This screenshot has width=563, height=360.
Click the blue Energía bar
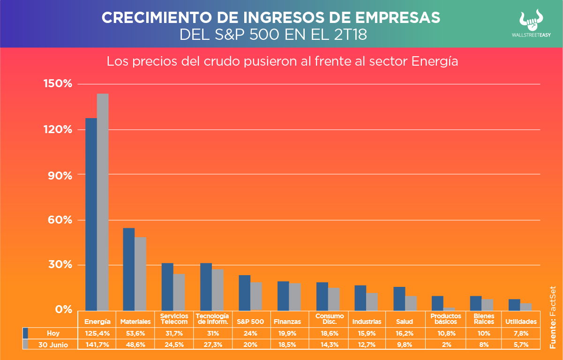[x=91, y=214]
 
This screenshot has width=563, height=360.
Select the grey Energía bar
[x=103, y=202]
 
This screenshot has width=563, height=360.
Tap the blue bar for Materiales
[x=128, y=269]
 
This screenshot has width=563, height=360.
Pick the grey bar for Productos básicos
[x=449, y=308]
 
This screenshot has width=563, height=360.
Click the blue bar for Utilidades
[x=514, y=305]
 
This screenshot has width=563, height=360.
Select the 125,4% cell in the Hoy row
[x=98, y=333]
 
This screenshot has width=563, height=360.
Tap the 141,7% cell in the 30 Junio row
[x=98, y=345]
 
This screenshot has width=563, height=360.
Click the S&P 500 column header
[x=250, y=322]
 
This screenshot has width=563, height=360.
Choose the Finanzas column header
[x=287, y=322]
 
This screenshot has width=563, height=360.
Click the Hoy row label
[x=53, y=333]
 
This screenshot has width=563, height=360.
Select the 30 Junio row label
[x=53, y=345]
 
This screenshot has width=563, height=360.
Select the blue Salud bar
[x=399, y=298]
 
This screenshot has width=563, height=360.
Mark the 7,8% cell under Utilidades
[x=521, y=333]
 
